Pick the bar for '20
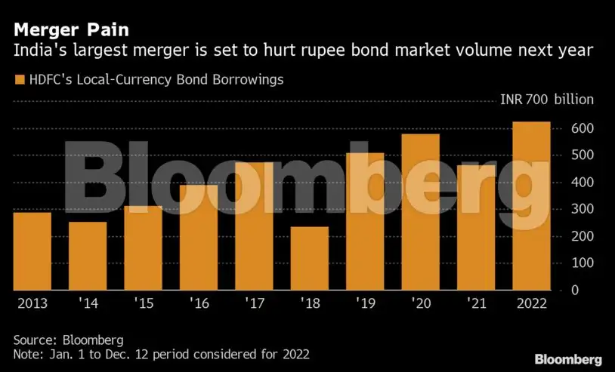click(421, 212)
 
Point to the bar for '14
click(88, 256)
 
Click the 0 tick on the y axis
click(575, 290)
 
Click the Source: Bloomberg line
click(69, 339)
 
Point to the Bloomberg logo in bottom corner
click(568, 358)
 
